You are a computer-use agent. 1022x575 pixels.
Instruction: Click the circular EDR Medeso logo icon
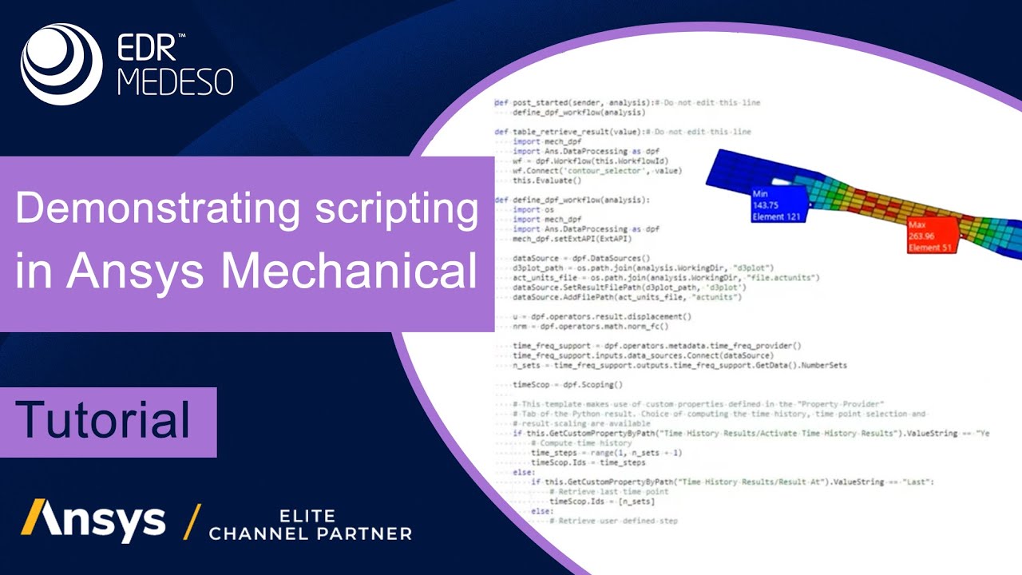coord(61,64)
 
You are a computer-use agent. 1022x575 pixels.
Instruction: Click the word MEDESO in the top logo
coord(175,81)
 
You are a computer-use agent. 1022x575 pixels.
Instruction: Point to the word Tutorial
coord(104,420)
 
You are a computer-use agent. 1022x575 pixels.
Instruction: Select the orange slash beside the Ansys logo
coord(192,521)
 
